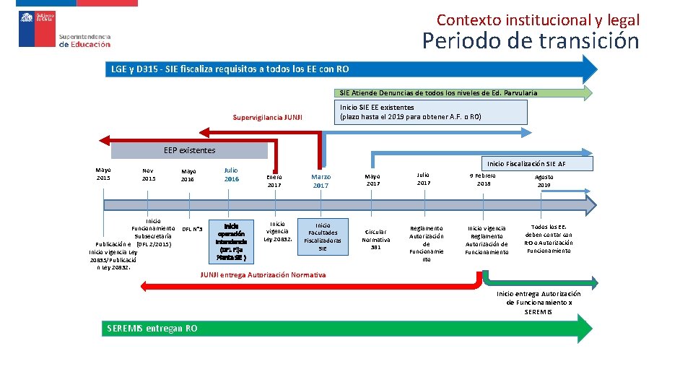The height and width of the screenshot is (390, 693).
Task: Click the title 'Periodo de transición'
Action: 531,41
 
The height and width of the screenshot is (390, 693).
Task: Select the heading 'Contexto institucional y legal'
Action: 538,20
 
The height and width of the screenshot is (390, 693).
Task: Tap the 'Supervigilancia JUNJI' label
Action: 268,117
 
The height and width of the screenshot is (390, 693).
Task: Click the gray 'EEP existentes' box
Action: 189,150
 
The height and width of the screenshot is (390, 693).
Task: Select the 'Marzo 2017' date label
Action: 321,181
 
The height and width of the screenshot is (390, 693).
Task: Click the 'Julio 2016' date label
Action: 231,175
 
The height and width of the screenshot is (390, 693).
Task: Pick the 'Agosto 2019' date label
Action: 544,181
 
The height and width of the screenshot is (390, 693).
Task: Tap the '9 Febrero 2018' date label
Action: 484,179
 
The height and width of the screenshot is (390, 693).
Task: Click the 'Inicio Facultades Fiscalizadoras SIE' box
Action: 322,236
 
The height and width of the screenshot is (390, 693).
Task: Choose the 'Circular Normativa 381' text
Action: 375,239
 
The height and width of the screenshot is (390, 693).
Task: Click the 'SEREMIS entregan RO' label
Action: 152,329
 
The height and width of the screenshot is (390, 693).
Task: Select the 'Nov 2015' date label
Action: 149,175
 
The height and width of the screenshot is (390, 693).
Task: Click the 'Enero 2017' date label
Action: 274,181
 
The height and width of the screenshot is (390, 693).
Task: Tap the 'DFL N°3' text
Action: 192,230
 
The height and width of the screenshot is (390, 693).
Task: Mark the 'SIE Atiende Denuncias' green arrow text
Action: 438,92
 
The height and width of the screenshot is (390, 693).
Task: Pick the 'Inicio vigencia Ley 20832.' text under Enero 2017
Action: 278,232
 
